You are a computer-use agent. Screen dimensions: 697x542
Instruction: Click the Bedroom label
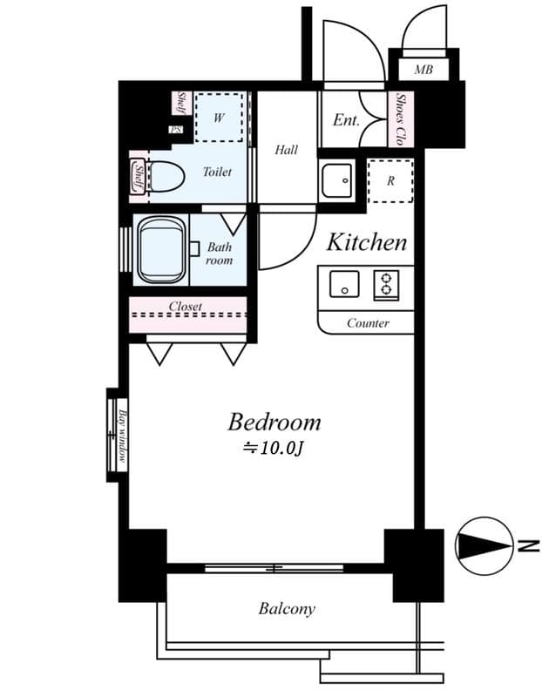[274, 423]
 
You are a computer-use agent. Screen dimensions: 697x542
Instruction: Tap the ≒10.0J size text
[275, 450]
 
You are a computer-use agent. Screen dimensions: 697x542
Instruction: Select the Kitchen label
[366, 242]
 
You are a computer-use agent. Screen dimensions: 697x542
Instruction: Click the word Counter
[367, 323]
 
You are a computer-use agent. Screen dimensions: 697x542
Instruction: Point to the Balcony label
[287, 609]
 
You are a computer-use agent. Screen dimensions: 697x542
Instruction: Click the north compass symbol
[484, 546]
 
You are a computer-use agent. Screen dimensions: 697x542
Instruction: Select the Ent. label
[346, 120]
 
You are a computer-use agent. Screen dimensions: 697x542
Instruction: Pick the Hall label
[286, 150]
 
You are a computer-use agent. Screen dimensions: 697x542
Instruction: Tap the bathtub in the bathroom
[162, 250]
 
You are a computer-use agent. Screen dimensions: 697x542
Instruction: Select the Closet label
[186, 307]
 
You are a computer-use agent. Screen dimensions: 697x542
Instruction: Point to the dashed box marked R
[390, 180]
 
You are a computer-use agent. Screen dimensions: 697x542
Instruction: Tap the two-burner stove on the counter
[386, 284]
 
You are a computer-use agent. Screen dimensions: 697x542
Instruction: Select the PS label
[177, 130]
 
